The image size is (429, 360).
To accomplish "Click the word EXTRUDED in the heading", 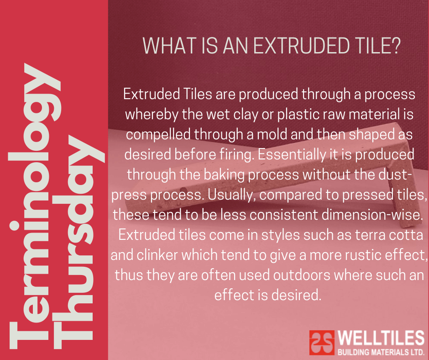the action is point(302,46).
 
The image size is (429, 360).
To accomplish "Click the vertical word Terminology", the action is point(35,206).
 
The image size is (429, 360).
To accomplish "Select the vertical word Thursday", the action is point(78,242).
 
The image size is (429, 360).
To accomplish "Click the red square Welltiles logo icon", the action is point(322,343).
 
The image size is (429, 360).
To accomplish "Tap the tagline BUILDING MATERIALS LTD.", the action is point(381,352).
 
